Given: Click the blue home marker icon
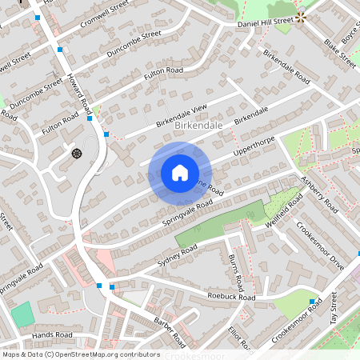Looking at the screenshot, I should (180, 173).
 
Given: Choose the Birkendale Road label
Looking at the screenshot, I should (286, 69).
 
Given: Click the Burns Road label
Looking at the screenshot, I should (235, 272).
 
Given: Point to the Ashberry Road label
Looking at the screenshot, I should (319, 194).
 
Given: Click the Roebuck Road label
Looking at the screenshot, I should (230, 297).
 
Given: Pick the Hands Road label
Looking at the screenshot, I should (53, 334).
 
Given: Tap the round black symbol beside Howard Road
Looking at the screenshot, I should (77, 152).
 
